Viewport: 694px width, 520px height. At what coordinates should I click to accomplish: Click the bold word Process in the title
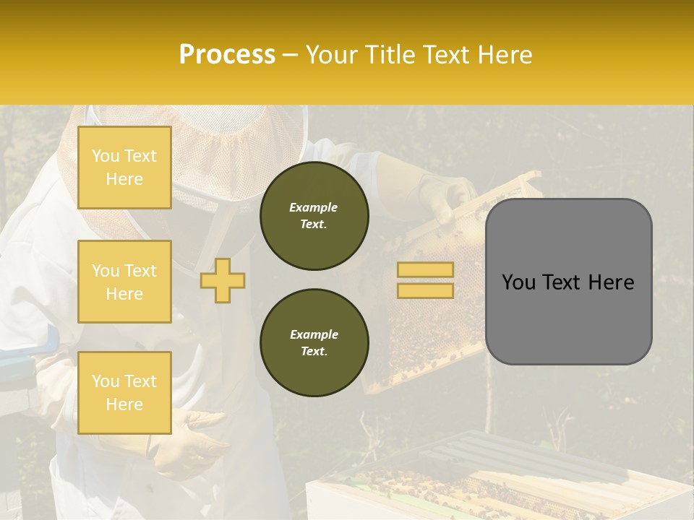pyautogui.click(x=227, y=54)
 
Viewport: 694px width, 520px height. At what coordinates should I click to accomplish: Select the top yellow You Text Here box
pyautogui.click(x=124, y=168)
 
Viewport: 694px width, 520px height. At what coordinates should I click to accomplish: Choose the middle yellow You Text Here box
pyautogui.click(x=124, y=282)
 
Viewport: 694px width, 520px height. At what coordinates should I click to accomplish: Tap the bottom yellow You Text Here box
pyautogui.click(x=124, y=392)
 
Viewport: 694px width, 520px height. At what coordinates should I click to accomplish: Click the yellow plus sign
pyautogui.click(x=223, y=280)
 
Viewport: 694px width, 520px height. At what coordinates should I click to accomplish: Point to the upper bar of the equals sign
pyautogui.click(x=426, y=269)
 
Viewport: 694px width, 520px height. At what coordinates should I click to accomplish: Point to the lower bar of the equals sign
pyautogui.click(x=426, y=290)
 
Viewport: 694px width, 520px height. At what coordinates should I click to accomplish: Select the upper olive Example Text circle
pyautogui.click(x=314, y=215)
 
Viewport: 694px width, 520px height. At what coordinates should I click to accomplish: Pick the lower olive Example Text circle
pyautogui.click(x=314, y=342)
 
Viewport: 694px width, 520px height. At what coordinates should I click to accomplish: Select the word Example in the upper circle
pyautogui.click(x=314, y=207)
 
